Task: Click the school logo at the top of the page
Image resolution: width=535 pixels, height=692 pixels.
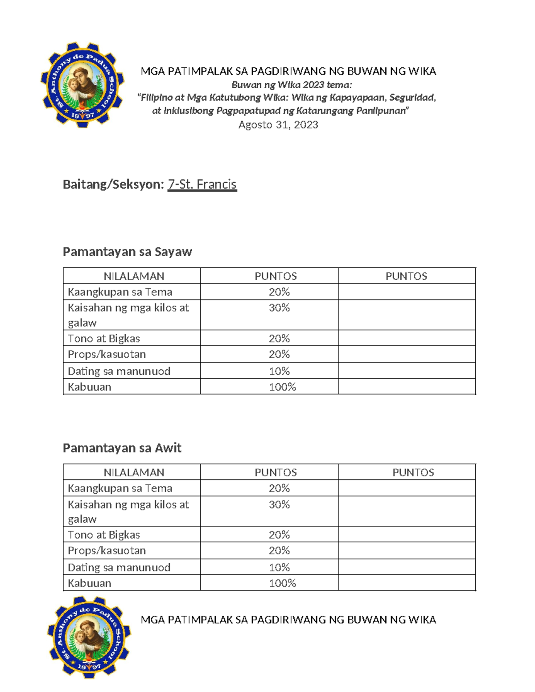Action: pyautogui.click(x=82, y=85)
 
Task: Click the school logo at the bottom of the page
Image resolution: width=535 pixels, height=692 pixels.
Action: pyautogui.click(x=90, y=637)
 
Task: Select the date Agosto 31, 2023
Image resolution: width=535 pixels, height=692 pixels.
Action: pyautogui.click(x=278, y=125)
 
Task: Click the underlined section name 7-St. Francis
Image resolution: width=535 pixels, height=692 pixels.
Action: pyautogui.click(x=202, y=184)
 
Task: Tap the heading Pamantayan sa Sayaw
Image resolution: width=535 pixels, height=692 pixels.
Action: pyautogui.click(x=127, y=252)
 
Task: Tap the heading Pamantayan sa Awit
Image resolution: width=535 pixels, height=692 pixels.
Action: pyautogui.click(x=122, y=448)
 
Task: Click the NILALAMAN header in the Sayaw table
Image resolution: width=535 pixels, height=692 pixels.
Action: pyautogui.click(x=134, y=276)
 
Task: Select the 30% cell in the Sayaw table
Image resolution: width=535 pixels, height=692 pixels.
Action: pyautogui.click(x=279, y=308)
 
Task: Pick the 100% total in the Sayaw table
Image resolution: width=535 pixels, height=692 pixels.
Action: pyautogui.click(x=282, y=387)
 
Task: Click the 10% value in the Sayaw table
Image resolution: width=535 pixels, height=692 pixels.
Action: pyautogui.click(x=279, y=371)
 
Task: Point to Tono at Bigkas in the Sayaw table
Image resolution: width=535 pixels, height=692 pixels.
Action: pyautogui.click(x=104, y=339)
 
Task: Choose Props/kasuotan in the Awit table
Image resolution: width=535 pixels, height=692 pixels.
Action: pyautogui.click(x=107, y=551)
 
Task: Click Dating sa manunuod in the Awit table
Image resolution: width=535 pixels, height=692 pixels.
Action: pyautogui.click(x=119, y=567)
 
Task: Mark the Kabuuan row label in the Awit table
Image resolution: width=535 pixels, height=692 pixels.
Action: pyautogui.click(x=89, y=583)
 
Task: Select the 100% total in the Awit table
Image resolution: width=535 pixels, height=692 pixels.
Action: pyautogui.click(x=282, y=583)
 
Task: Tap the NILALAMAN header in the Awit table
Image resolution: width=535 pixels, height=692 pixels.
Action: pyautogui.click(x=134, y=472)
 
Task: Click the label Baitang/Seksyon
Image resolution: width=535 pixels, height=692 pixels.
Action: pyautogui.click(x=113, y=184)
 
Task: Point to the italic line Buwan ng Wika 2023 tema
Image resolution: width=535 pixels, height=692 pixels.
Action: pyautogui.click(x=292, y=85)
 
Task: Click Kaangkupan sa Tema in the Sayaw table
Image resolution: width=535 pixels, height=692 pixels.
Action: pyautogui.click(x=120, y=292)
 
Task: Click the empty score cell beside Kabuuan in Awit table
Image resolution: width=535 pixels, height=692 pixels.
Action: pyautogui.click(x=407, y=583)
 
